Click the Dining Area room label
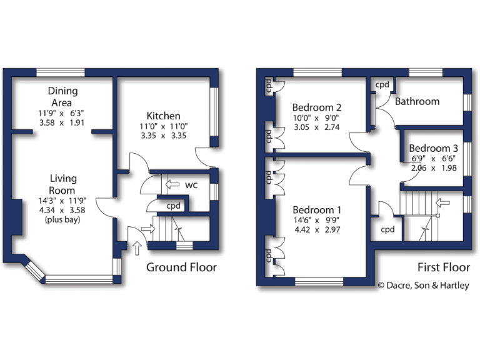tap(62, 97)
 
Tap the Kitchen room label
tap(164, 116)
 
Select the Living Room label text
tap(62, 184)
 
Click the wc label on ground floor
tap(192, 186)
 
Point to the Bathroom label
tap(417, 101)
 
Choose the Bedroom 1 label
tap(317, 209)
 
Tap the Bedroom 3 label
tap(434, 148)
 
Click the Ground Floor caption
tap(181, 267)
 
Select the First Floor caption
tap(444, 267)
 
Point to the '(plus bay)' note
tap(62, 220)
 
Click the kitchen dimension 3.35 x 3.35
tap(164, 135)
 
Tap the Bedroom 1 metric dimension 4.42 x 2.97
tap(317, 229)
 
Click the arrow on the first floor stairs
tap(442, 202)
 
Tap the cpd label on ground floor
tap(173, 206)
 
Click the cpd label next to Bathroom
tap(382, 84)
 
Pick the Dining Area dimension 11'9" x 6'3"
tap(62, 113)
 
